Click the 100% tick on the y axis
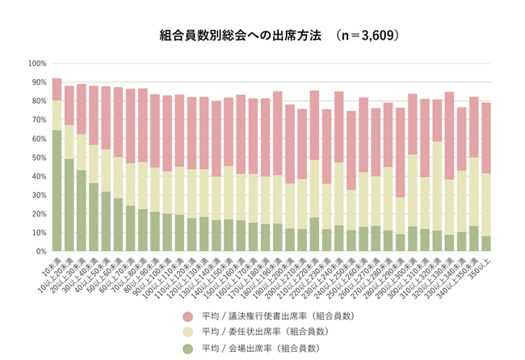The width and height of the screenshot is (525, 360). pos(37,63)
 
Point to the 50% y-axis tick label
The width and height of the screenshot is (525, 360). pos(39,157)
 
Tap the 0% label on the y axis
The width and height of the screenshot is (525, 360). pos(41,252)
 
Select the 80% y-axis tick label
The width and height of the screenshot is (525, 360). pos(39,101)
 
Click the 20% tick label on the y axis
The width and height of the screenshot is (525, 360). pos(39,214)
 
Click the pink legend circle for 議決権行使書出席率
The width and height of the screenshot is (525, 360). pos(188,316)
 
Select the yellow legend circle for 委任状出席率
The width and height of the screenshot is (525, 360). pos(188,332)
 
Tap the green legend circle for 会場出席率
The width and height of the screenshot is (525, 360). pos(188,348)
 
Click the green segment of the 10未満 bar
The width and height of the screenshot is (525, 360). pos(57,190)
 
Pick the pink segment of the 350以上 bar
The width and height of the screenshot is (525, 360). pos(485,138)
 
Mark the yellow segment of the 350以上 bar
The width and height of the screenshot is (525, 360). pos(485,204)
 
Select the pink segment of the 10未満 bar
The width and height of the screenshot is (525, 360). pos(57,89)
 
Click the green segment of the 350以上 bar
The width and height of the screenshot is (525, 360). pos(485,243)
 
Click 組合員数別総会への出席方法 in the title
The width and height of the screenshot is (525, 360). pos(241,36)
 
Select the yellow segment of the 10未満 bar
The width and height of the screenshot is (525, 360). pos(57,115)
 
